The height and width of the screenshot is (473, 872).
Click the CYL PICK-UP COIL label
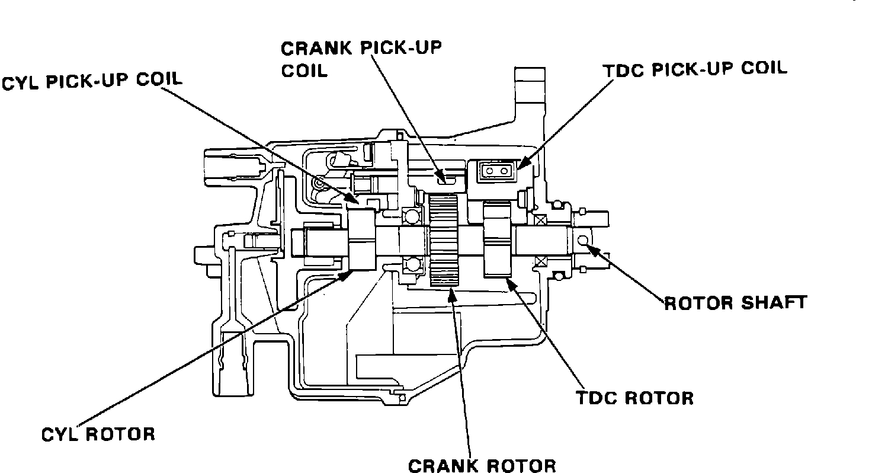click(x=92, y=81)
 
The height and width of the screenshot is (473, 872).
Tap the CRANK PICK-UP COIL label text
click(x=361, y=58)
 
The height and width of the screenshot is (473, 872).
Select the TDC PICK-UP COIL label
click(x=695, y=69)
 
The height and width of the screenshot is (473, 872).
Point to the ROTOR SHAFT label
click(x=735, y=303)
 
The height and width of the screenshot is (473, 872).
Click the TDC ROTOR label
click(x=635, y=397)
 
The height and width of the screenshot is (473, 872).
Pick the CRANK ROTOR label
click(x=482, y=465)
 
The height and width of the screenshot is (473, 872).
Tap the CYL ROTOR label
click(x=98, y=434)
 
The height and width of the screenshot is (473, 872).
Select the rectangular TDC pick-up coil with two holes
click(x=495, y=171)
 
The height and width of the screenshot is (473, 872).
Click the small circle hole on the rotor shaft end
click(x=582, y=240)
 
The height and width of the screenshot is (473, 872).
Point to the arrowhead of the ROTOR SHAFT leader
click(x=590, y=250)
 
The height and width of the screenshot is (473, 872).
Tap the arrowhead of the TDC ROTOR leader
click(x=508, y=281)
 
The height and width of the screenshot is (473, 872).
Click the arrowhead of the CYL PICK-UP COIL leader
click(x=354, y=200)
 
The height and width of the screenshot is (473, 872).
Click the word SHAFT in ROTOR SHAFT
click(x=774, y=303)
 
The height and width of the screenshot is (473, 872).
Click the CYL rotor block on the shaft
click(x=361, y=241)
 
